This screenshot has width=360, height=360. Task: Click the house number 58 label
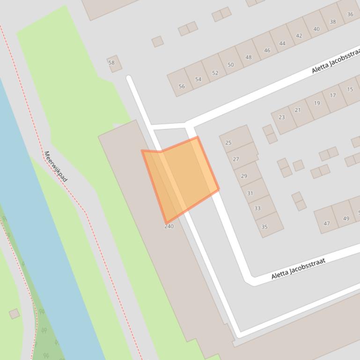point(111,63)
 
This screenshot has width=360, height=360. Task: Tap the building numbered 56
point(182,86)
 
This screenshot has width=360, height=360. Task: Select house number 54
point(198,79)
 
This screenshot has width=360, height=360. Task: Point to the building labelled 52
point(215,72)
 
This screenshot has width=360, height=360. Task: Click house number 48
point(248,58)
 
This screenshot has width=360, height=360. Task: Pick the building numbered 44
point(282,43)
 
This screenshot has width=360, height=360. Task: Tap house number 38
point(332,22)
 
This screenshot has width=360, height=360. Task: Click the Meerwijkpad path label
point(56,166)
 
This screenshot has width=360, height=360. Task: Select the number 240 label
point(169,226)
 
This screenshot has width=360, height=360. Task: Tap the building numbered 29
point(244,176)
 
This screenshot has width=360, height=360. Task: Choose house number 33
point(257,208)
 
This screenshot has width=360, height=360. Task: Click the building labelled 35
point(264,227)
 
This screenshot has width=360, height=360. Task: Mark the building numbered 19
point(317,103)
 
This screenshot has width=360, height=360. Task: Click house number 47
point(326,223)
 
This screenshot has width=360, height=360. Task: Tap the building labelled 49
point(346,218)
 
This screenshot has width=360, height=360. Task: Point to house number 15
point(350,89)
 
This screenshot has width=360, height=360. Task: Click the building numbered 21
point(298,110)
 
